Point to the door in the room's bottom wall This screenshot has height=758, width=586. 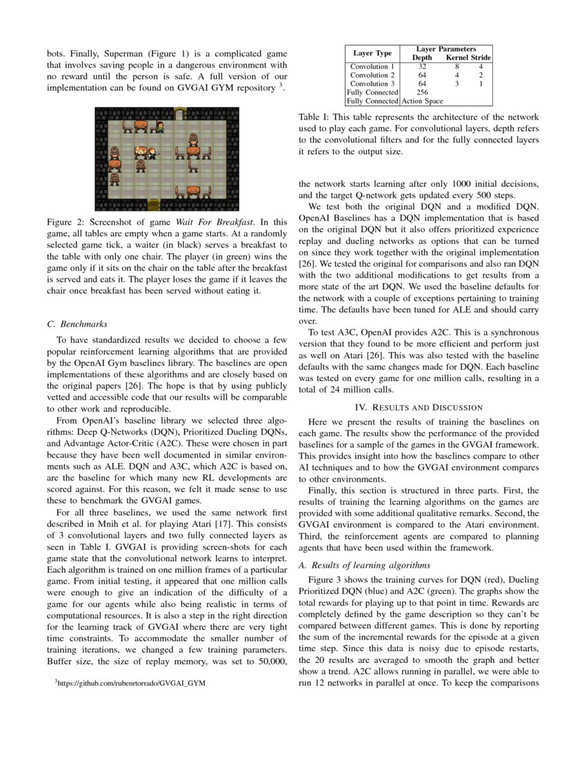[x=154, y=205]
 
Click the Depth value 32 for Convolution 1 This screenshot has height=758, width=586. [x=422, y=67]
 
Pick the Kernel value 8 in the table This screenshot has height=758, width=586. [x=456, y=67]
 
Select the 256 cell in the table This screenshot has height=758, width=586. [x=422, y=92]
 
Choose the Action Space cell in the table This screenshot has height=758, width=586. [x=422, y=101]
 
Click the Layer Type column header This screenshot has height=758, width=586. [x=372, y=53]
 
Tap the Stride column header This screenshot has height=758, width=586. [x=481, y=58]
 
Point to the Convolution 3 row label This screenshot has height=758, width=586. [x=372, y=83]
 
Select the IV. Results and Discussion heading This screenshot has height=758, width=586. [x=418, y=407]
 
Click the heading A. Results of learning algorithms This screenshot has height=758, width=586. [x=364, y=565]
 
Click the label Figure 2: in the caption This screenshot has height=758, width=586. [x=66, y=223]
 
